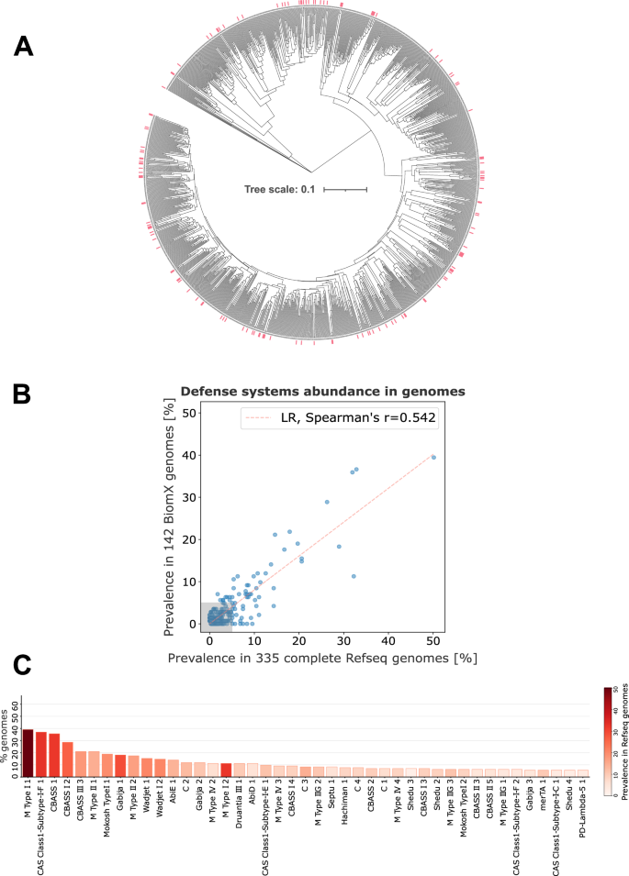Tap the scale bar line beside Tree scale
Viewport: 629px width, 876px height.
[x=344, y=190]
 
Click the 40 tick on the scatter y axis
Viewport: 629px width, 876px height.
[x=192, y=455]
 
